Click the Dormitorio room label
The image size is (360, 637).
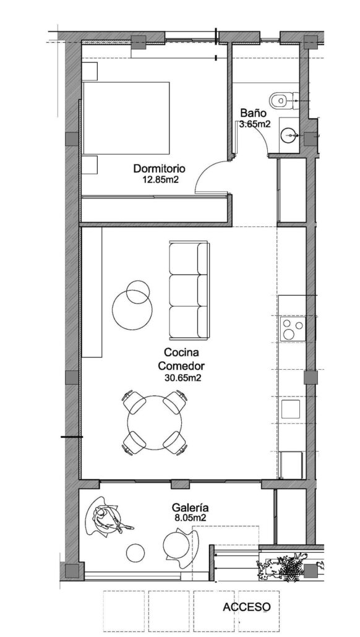pyautogui.click(x=159, y=168)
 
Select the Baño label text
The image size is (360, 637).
pyautogui.click(x=253, y=114)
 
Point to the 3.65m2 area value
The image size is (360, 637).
pyautogui.click(x=255, y=124)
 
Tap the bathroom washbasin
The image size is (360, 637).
pyautogui.click(x=288, y=134)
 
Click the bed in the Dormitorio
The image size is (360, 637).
pyautogui.click(x=126, y=118)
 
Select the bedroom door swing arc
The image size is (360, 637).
pyautogui.click(x=208, y=173)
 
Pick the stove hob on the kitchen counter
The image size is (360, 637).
pyautogui.click(x=292, y=329)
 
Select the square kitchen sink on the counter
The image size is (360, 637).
pyautogui.click(x=291, y=409)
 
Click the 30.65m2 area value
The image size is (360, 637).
pyautogui.click(x=184, y=377)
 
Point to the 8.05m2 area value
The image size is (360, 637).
pyautogui.click(x=189, y=518)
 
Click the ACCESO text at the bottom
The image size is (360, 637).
pyautogui.click(x=246, y=607)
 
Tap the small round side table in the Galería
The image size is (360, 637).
pyautogui.click(x=135, y=552)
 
